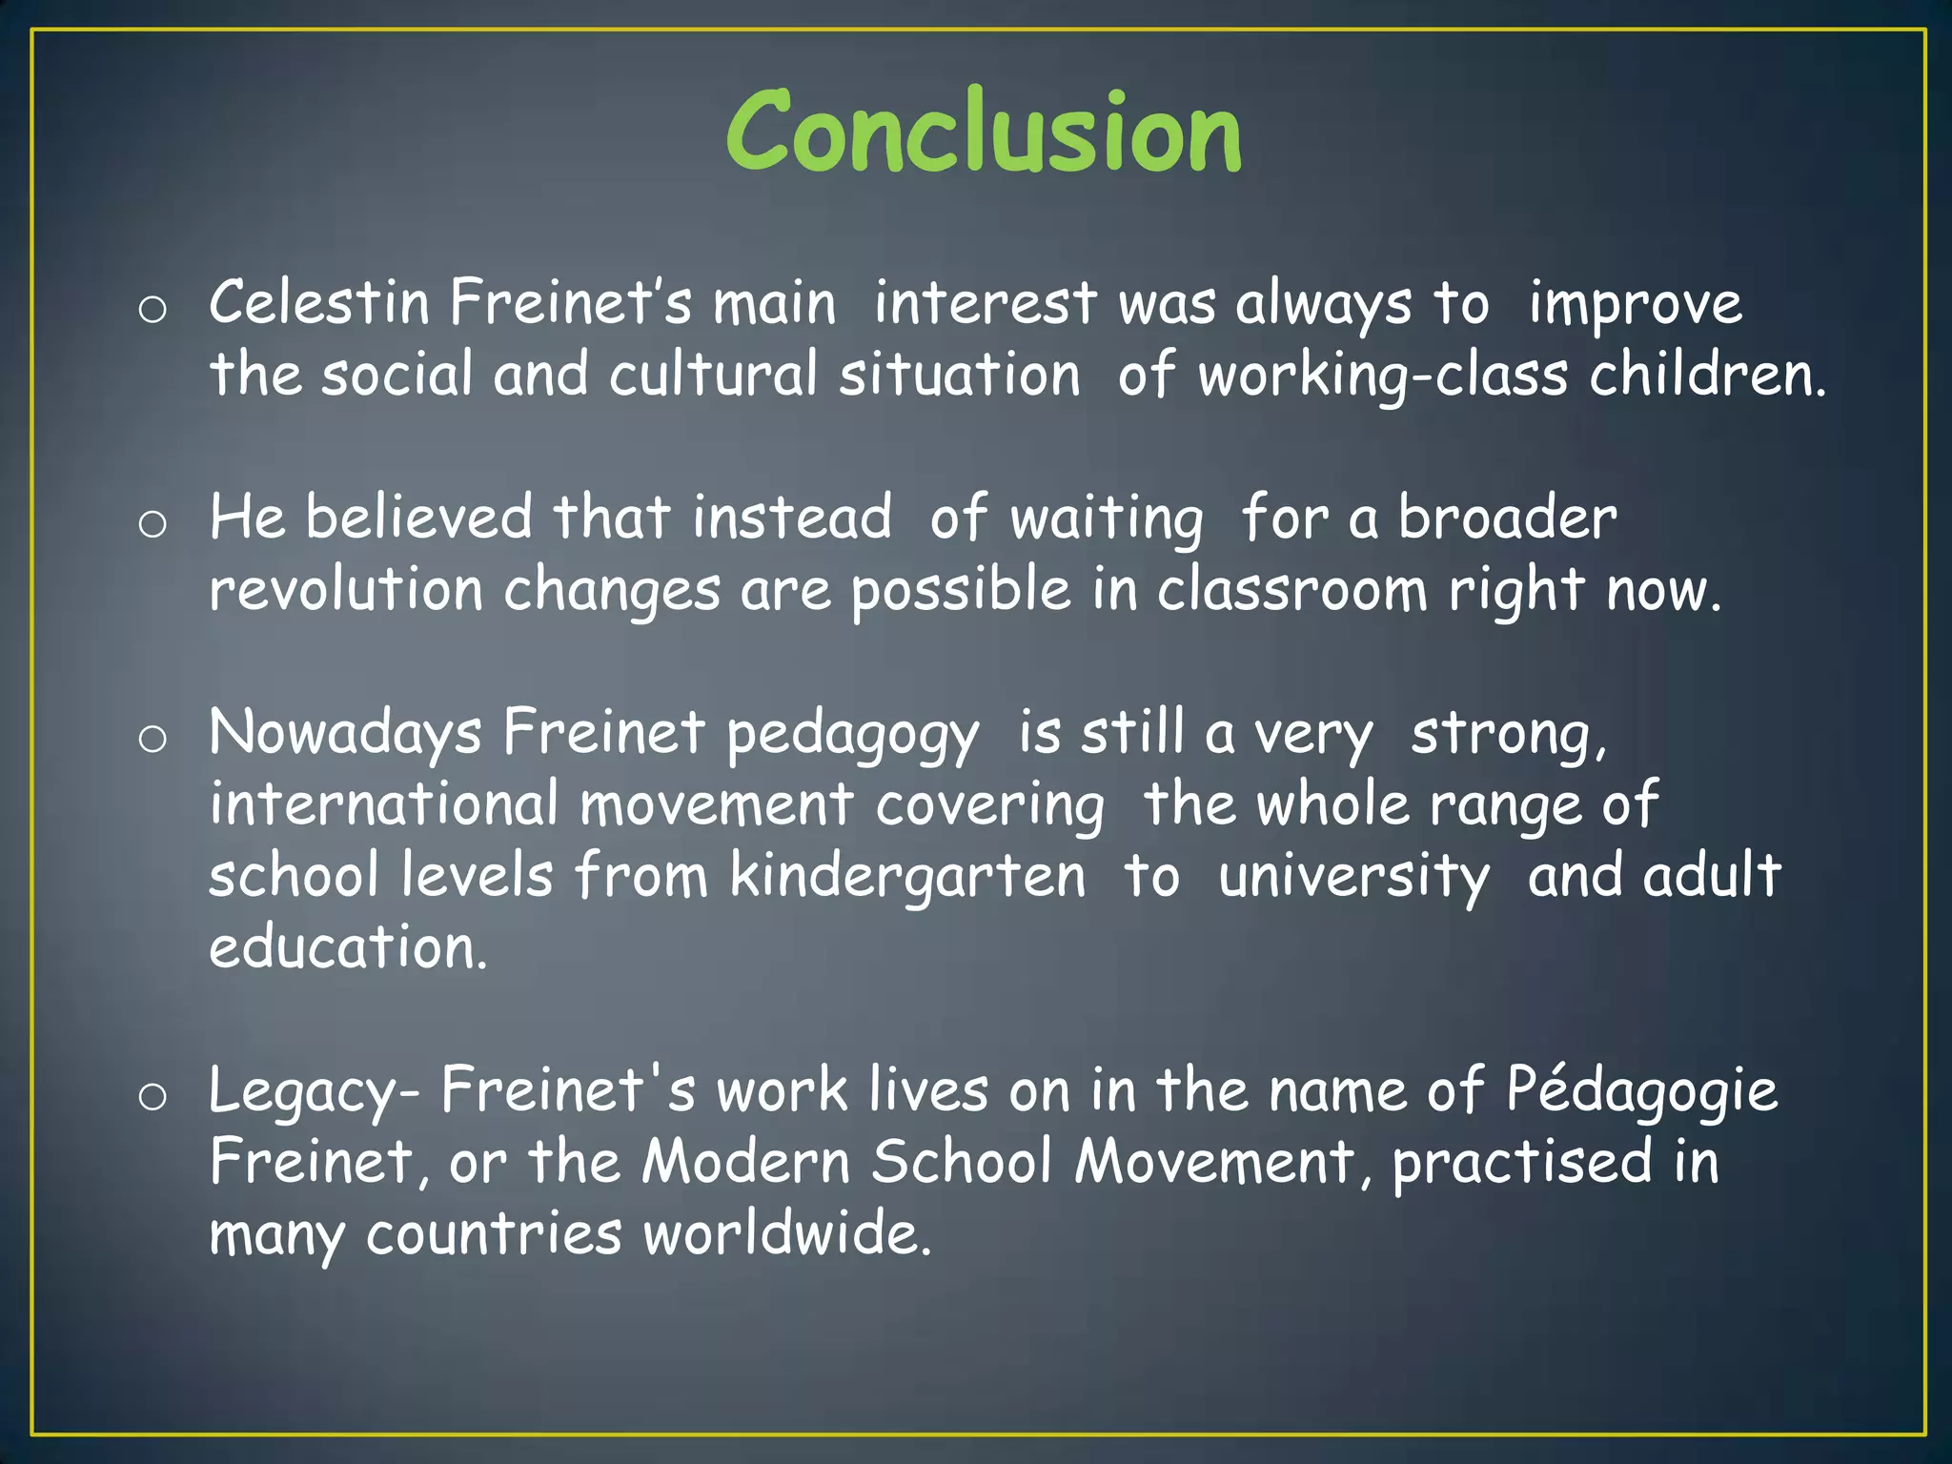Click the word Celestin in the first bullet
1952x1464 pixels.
point(319,303)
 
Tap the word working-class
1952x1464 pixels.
point(1382,375)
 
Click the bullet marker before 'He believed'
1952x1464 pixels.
point(152,523)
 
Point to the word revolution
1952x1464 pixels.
point(346,590)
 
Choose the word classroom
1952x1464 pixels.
point(1292,590)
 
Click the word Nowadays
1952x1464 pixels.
point(345,734)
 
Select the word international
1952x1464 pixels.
point(384,803)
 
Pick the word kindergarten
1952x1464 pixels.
point(907,878)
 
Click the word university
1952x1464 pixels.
point(1353,878)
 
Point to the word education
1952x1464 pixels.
point(348,947)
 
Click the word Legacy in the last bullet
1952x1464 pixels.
point(302,1092)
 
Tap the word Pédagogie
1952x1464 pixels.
point(1641,1090)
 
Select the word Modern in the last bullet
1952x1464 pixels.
point(745,1162)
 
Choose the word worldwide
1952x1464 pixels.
point(786,1233)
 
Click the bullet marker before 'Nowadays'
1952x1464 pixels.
point(152,739)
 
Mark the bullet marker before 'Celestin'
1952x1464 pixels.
point(152,309)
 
